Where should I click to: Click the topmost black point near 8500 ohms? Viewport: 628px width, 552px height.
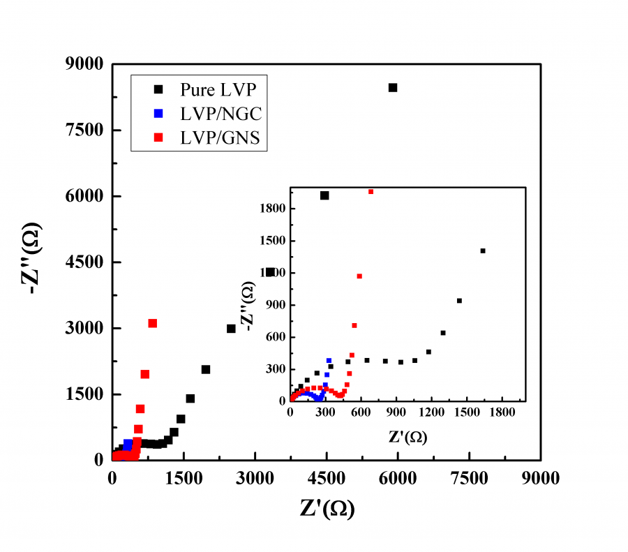pyautogui.click(x=393, y=88)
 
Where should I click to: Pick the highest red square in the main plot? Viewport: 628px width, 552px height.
pyautogui.click(x=152, y=323)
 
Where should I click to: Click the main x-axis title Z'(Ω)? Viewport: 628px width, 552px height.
pyautogui.click(x=327, y=509)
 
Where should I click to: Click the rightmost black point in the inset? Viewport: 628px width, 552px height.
pyautogui.click(x=483, y=251)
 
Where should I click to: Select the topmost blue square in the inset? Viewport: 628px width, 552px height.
pyautogui.click(x=329, y=361)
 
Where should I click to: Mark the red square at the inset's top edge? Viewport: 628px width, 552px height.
pyautogui.click(x=371, y=191)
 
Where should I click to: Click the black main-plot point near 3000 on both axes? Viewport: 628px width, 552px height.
pyautogui.click(x=232, y=329)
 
